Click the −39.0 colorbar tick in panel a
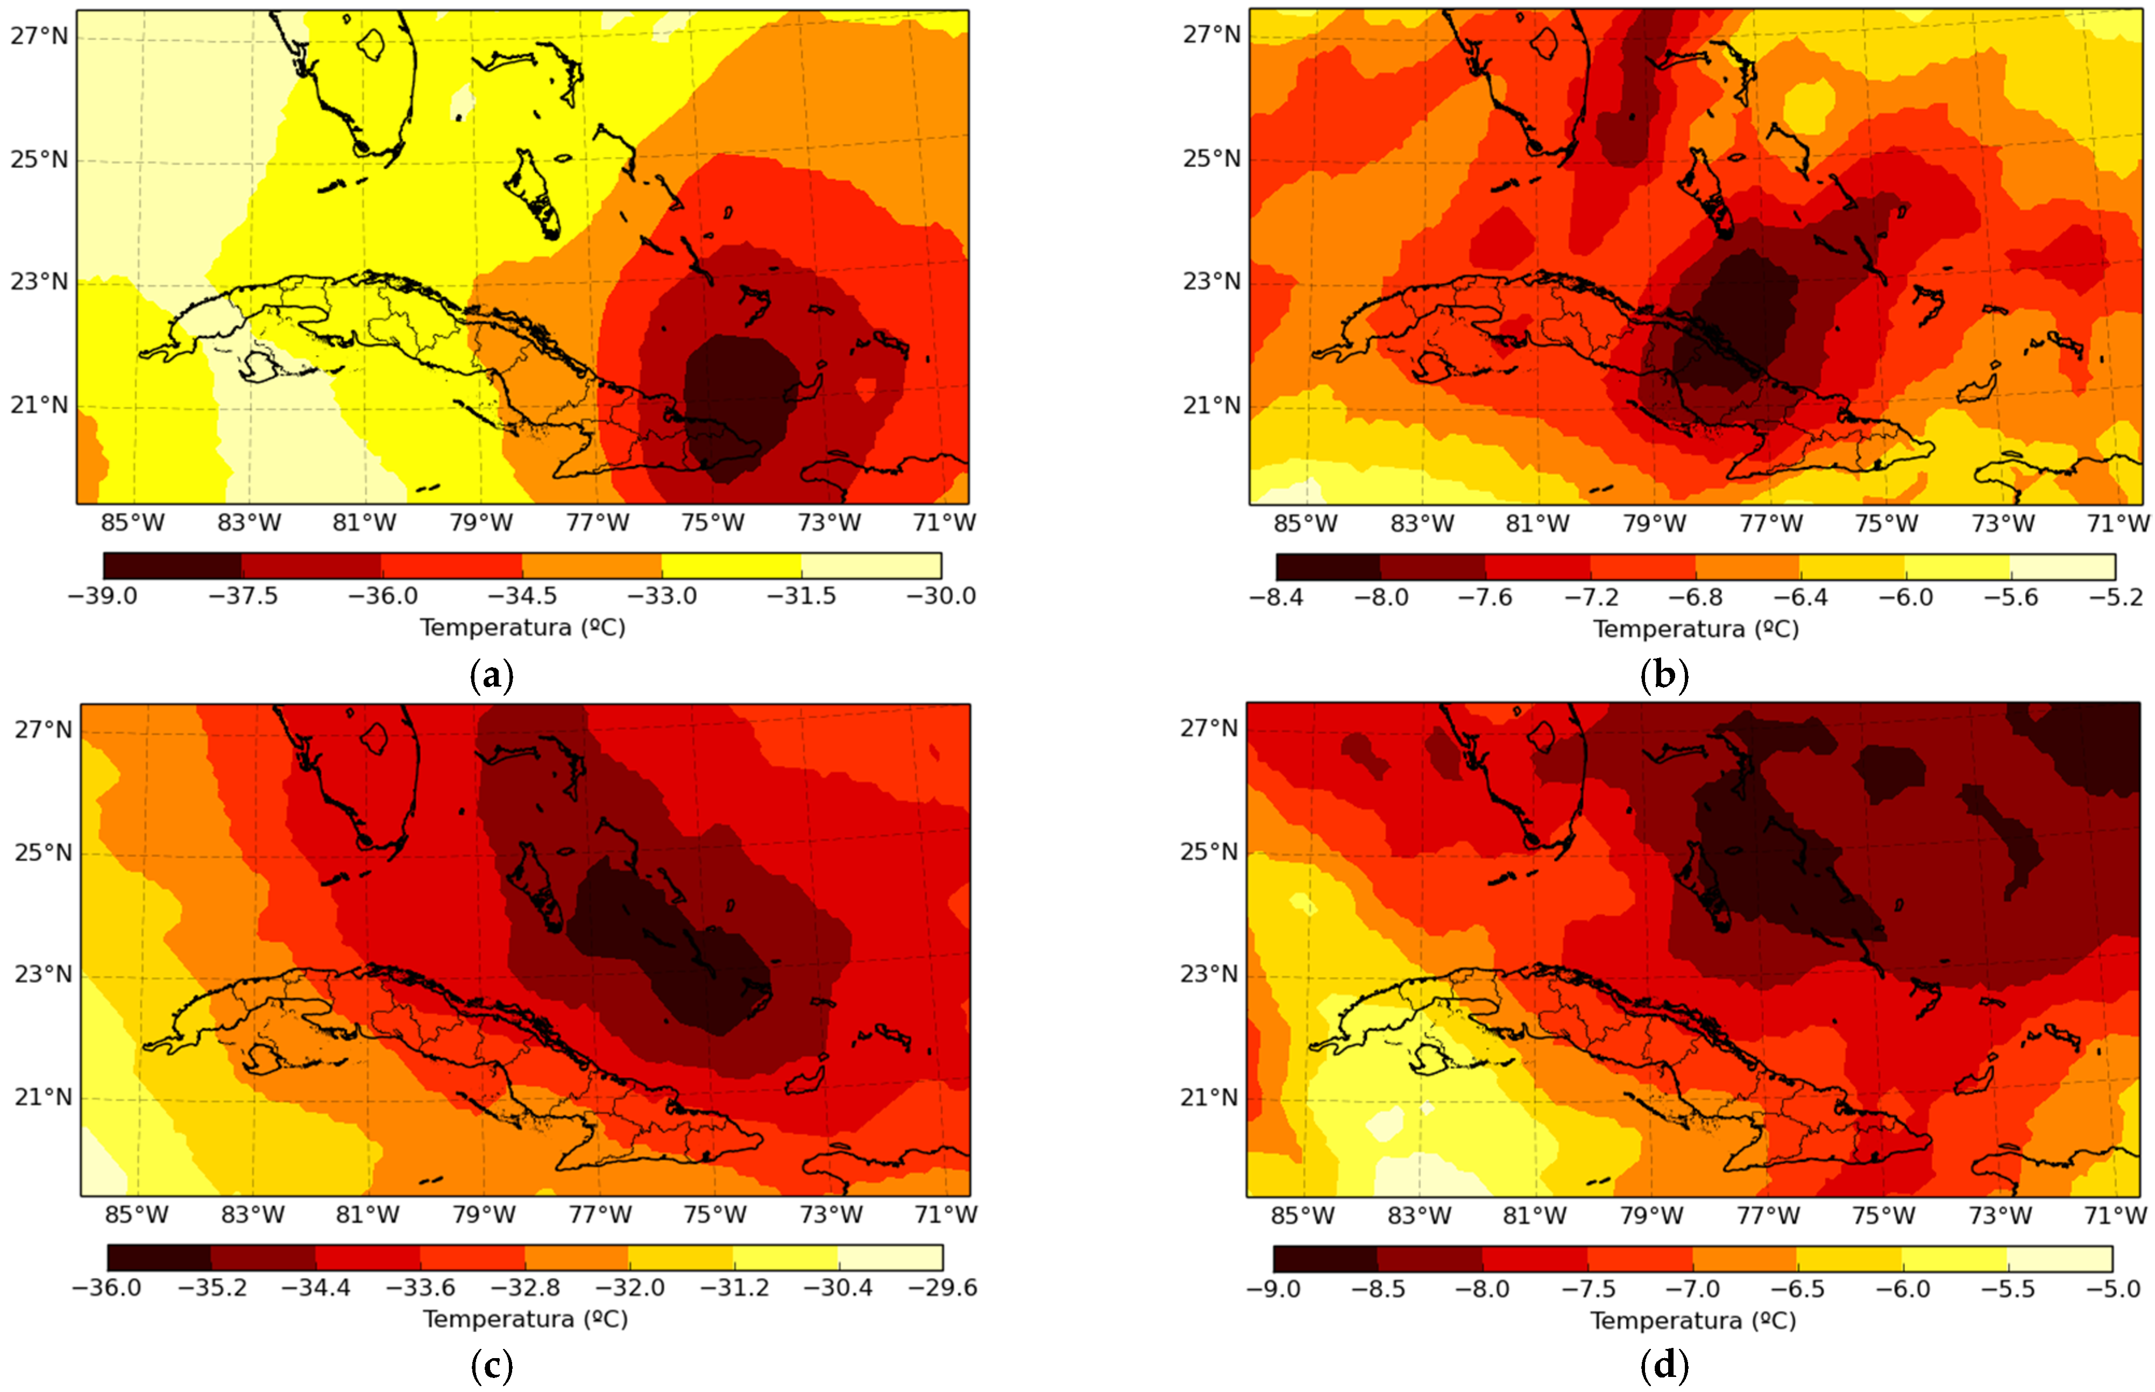click(x=103, y=597)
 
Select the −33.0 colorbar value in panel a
click(x=662, y=597)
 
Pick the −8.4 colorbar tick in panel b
click(x=1276, y=597)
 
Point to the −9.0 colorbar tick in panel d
click(x=1273, y=1289)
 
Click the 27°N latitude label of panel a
click(x=39, y=36)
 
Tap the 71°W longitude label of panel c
click(x=946, y=1215)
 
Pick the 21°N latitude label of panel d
click(x=1209, y=1097)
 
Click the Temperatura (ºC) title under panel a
click(x=522, y=627)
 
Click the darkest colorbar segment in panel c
click(x=159, y=1258)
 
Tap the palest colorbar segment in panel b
click(x=2063, y=567)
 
